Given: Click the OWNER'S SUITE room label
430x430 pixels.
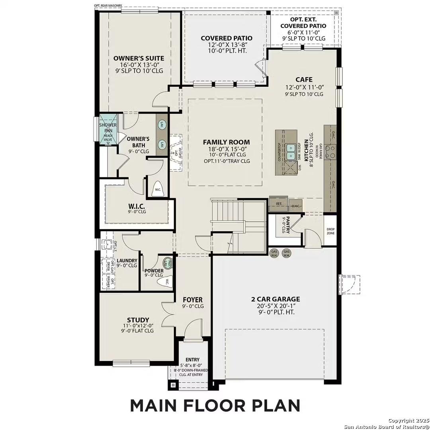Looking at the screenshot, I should [139, 58].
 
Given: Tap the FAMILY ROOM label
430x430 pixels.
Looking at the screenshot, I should [226, 142].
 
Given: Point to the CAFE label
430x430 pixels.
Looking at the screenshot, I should [304, 80].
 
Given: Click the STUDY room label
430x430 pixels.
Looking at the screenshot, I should [138, 320].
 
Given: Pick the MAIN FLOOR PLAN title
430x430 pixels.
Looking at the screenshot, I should [215, 405].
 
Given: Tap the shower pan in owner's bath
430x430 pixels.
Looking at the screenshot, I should [108, 127].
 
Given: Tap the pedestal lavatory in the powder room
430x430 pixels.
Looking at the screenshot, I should [168, 263].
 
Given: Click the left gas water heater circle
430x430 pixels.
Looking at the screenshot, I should [274, 253].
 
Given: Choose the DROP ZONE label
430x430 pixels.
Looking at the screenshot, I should [330, 231].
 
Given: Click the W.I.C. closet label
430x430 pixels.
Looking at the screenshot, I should [137, 206].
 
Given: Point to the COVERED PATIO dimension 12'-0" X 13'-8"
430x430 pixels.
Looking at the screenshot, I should [226, 45].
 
